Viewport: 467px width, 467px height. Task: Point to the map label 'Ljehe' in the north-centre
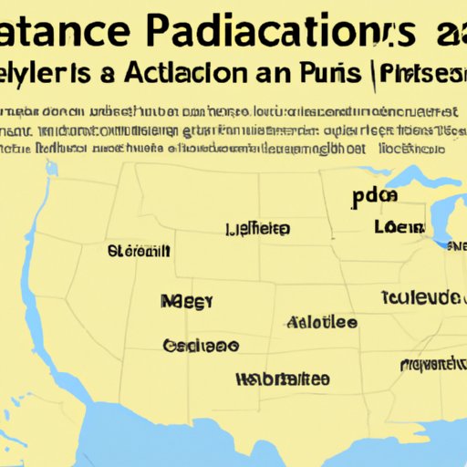click(258, 228)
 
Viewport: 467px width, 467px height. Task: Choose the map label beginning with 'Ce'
click(201, 346)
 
